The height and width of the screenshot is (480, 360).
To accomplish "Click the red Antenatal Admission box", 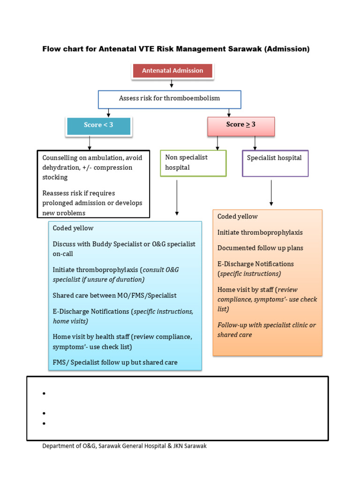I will [172, 71].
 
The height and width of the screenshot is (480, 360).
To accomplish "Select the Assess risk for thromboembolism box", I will [169, 98].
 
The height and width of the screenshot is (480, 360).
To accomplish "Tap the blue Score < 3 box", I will [98, 125].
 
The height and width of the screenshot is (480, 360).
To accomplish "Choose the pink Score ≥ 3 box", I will [241, 125].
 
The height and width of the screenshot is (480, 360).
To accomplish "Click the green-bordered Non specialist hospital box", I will [193, 163].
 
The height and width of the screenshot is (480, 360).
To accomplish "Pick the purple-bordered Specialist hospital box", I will [275, 163].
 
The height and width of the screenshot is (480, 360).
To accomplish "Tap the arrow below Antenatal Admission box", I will [172, 84].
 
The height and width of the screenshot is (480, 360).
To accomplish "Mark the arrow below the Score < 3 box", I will [90, 142].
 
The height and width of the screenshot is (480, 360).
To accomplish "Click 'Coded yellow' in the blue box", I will [73, 228].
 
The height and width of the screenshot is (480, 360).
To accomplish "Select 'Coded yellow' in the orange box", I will [238, 217].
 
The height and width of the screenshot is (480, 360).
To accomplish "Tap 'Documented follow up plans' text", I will [260, 248].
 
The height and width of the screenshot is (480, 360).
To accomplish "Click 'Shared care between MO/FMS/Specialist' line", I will [115, 296].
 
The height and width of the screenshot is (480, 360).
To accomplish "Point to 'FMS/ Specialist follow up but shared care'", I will [115, 362].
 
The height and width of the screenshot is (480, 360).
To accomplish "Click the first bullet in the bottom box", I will [44, 394].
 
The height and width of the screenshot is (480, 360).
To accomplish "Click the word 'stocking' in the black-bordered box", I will [55, 177].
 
